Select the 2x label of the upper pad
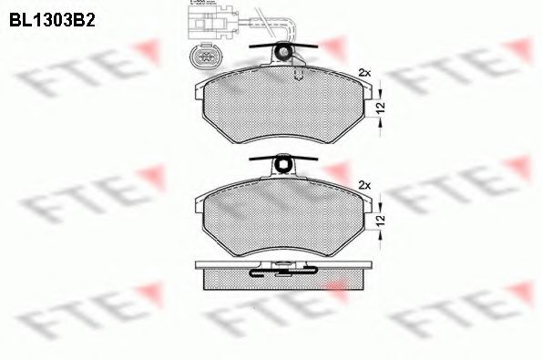tap(366, 71)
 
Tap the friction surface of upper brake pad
tap(282, 109)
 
